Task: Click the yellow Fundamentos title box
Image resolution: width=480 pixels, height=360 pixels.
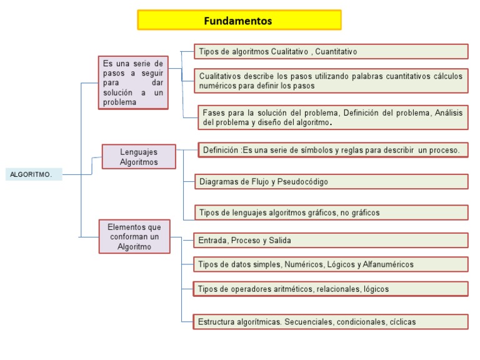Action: click(x=239, y=21)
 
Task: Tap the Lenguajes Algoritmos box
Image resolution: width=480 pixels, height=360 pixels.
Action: click(x=139, y=157)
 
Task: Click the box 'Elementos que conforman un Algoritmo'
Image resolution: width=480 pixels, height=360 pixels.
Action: click(x=134, y=237)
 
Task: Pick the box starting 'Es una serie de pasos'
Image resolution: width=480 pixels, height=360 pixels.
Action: click(x=133, y=82)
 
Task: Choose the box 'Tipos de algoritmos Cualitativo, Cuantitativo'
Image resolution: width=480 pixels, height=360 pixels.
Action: click(x=331, y=51)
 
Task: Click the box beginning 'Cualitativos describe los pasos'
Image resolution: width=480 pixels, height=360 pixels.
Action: click(x=331, y=81)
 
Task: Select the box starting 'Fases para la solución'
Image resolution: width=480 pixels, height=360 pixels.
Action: click(x=332, y=117)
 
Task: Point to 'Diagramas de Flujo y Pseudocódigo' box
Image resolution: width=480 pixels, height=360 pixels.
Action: click(x=331, y=182)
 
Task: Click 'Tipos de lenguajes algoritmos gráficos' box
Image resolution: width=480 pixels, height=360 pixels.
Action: click(x=331, y=212)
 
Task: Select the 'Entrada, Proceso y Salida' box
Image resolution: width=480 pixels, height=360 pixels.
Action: click(x=331, y=240)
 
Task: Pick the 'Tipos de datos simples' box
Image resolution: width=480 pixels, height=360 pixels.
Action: click(x=331, y=264)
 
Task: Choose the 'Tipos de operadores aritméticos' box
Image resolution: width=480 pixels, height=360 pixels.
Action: click(x=331, y=289)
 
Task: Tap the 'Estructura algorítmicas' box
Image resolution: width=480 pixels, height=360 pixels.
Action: click(x=331, y=322)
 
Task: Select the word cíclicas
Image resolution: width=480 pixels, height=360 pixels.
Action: click(x=402, y=322)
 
